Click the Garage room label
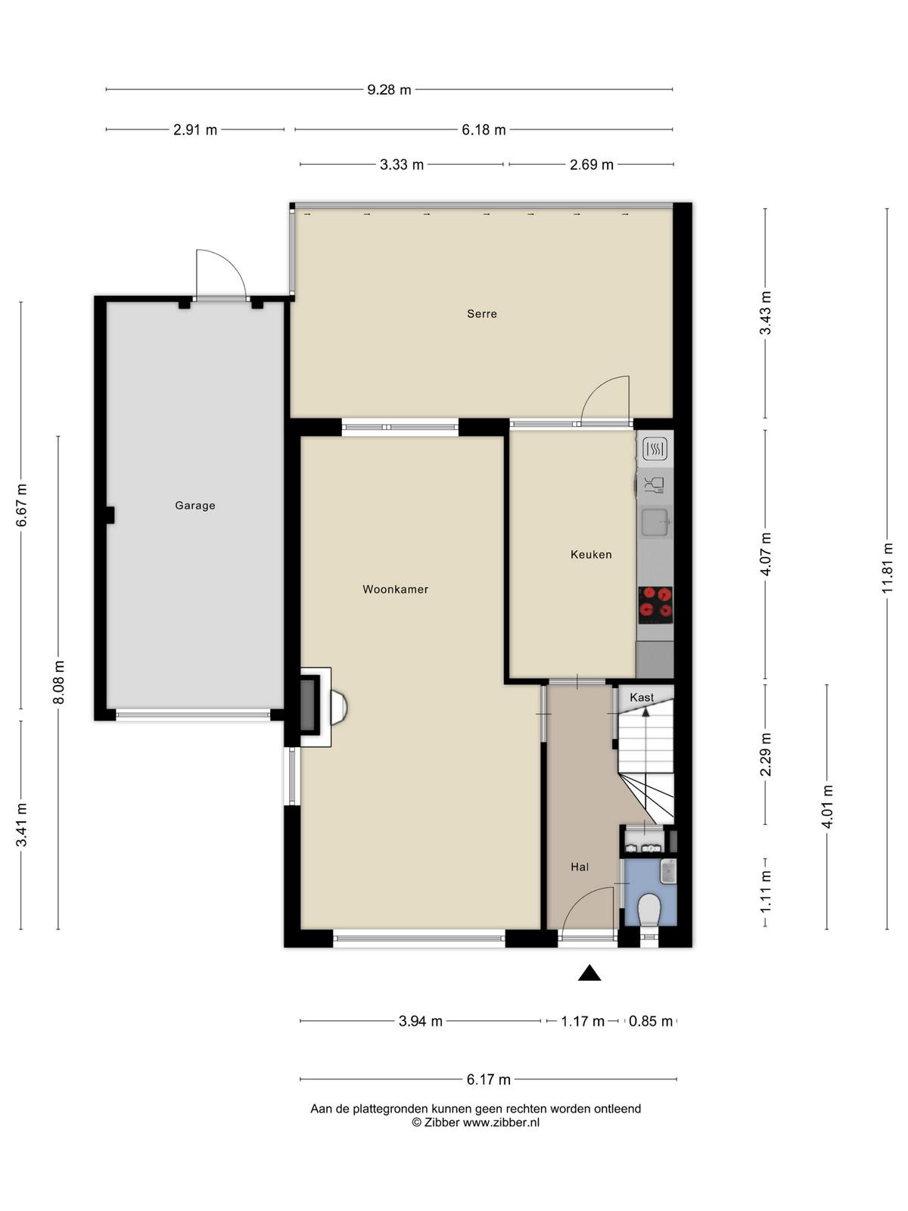(x=194, y=506)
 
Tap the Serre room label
(x=482, y=314)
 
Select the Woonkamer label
(x=395, y=589)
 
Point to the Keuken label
(x=591, y=555)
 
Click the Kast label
(x=642, y=697)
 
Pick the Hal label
(x=580, y=867)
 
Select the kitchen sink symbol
(x=655, y=522)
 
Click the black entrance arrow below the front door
(x=589, y=973)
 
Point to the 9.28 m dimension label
(x=389, y=89)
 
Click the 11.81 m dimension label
(x=887, y=568)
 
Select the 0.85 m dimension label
(x=651, y=1021)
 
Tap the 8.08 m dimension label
(x=58, y=683)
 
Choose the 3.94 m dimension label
(x=421, y=1021)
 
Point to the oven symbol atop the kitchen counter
(x=655, y=449)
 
